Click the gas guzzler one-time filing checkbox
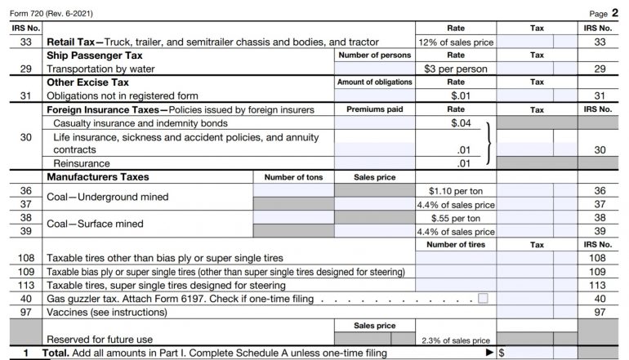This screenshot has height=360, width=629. coord(483,299)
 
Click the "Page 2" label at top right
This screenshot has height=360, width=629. coord(606,13)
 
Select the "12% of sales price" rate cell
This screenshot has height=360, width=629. coord(456,42)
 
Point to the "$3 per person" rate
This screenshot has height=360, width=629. coord(456,69)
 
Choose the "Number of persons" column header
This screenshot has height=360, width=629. coord(375,56)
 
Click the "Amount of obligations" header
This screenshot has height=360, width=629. coord(375,82)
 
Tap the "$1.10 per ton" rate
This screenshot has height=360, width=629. coord(456,190)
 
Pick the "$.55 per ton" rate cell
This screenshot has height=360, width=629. coord(456,218)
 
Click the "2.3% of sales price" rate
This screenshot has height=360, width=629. coord(456,340)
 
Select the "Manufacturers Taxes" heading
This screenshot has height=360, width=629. coord(97,176)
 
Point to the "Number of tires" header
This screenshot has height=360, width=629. coord(456,244)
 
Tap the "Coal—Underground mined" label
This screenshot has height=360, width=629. coord(107,197)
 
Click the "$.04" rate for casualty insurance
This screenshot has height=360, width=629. coord(462,122)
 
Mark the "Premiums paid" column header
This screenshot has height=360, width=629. coord(375,109)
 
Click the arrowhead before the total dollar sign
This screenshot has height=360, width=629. coord(489,353)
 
